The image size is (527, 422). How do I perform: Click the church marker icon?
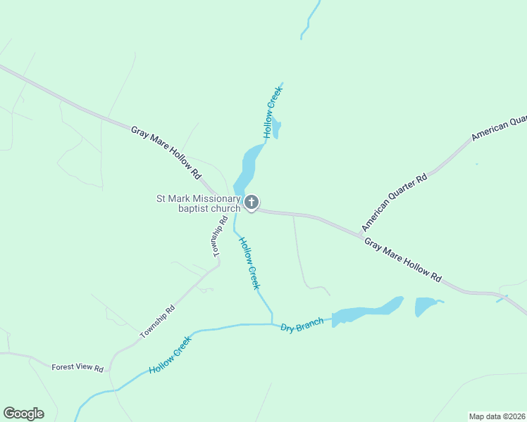coord(252,203)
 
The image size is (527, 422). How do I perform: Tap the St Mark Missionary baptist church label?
coord(198,203)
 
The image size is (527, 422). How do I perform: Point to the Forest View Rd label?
coord(77,368)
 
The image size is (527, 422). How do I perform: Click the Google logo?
coord(23,414)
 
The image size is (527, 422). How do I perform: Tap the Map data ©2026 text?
coord(497,416)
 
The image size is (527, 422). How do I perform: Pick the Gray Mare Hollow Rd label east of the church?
coord(402,260)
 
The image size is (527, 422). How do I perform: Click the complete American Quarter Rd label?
coord(395,203)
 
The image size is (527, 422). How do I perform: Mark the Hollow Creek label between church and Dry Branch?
coord(249,263)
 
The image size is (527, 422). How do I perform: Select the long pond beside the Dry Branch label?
coord(366,312)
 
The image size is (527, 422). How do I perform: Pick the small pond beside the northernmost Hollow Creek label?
coord(277,129)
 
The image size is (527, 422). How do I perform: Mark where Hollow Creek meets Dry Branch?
coord(272,324)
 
